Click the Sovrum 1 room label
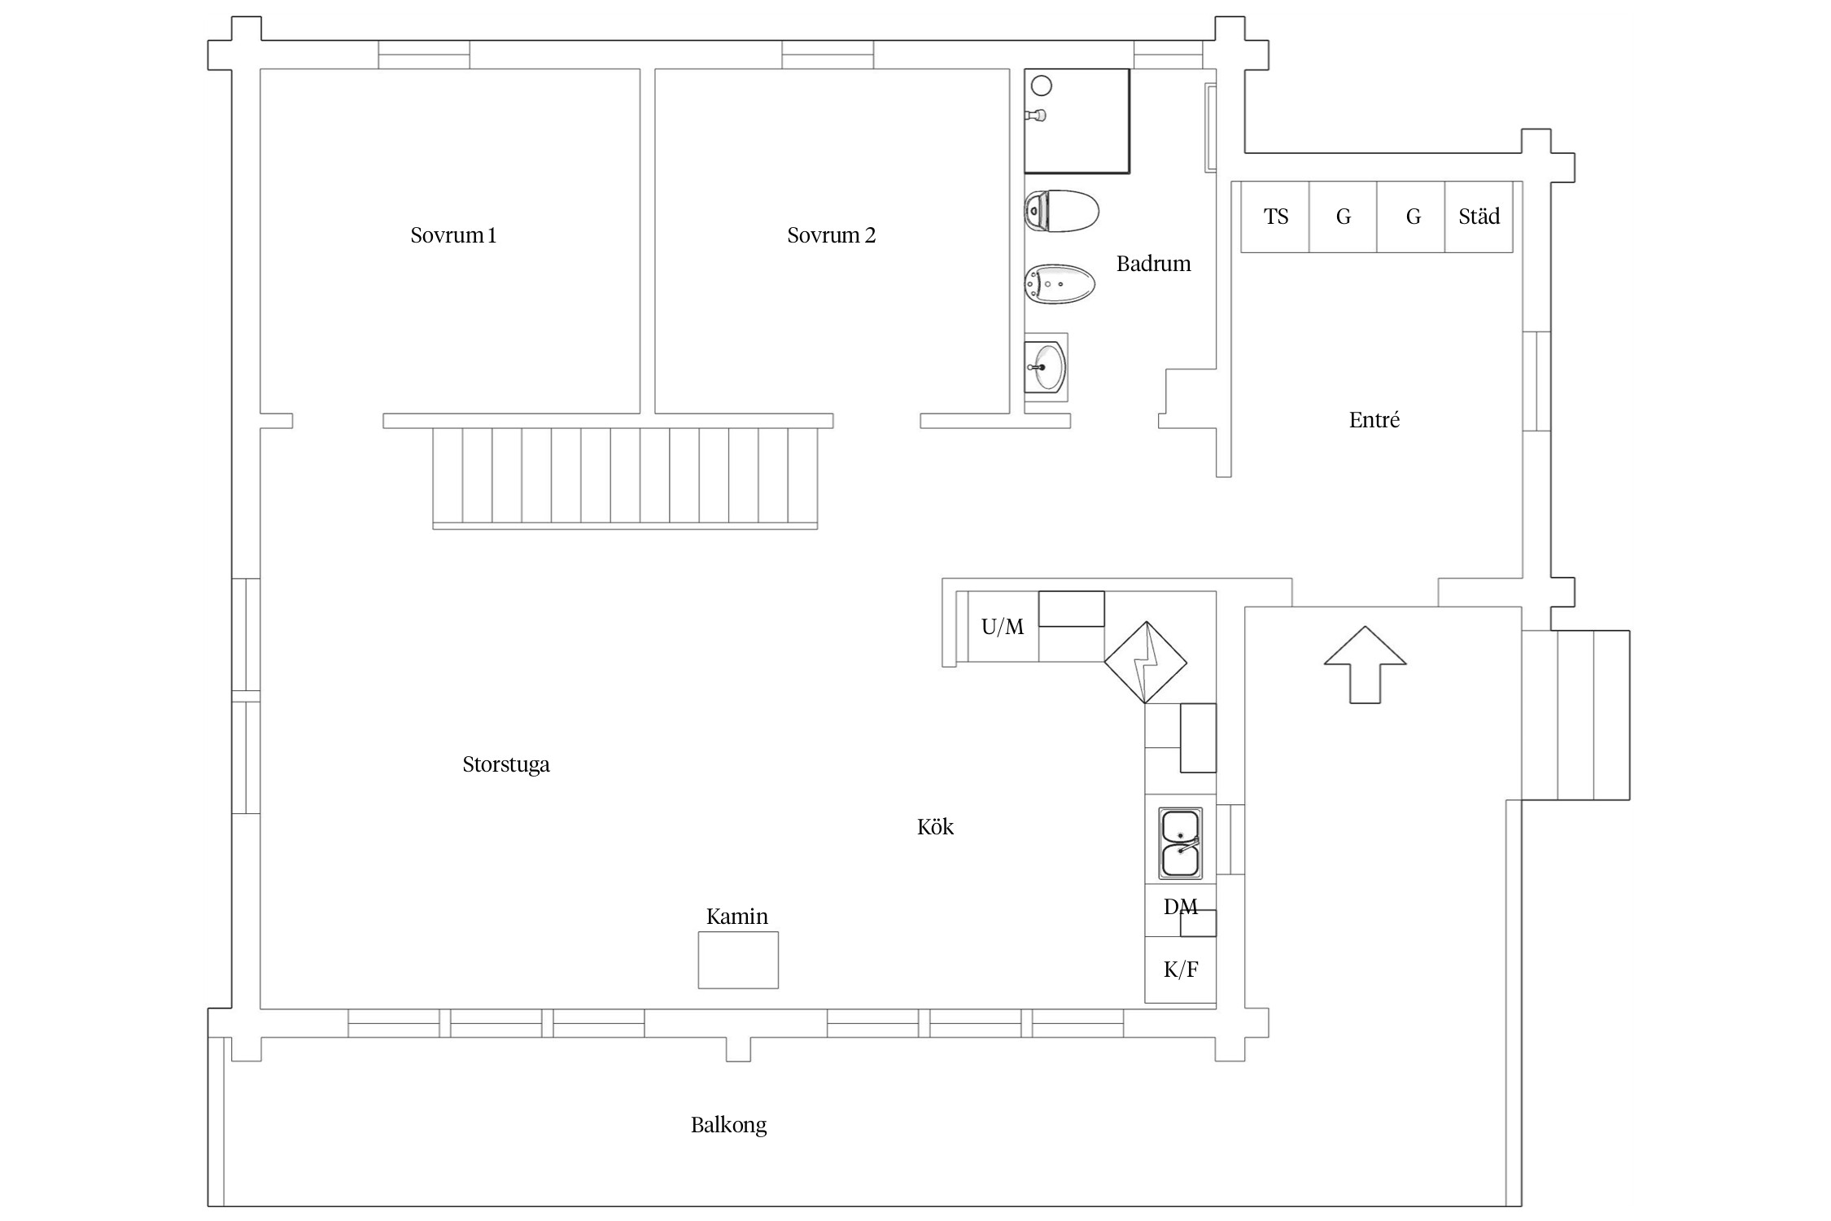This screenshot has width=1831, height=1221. [453, 235]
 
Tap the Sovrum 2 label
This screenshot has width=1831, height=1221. [831, 235]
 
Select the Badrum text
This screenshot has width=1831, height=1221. [1153, 264]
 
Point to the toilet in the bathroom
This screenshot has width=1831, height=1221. [1061, 211]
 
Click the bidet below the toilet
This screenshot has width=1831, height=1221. [1059, 284]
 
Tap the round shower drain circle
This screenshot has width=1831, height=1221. [1042, 85]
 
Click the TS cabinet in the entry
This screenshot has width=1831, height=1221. [1275, 217]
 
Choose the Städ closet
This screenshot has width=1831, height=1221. [1479, 217]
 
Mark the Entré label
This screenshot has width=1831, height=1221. [1374, 420]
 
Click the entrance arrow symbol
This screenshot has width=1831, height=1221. [1366, 664]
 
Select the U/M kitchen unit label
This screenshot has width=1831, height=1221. [1003, 627]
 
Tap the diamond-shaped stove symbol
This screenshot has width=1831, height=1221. [1146, 663]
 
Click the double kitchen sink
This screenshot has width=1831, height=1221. [1181, 843]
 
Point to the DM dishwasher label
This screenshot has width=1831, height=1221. [1181, 907]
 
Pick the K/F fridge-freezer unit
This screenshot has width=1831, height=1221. [1181, 969]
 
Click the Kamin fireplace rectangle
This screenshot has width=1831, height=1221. [738, 960]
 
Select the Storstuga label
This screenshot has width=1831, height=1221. [506, 765]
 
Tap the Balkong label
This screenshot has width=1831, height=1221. [729, 1126]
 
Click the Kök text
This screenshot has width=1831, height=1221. [935, 827]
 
